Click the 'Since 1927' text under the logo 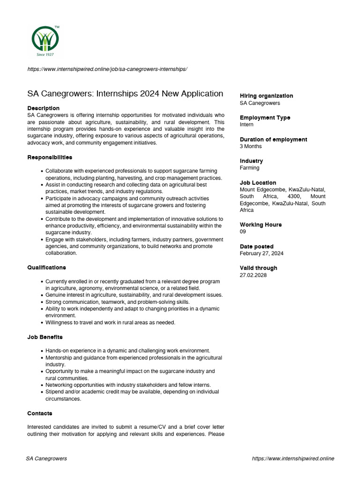pyautogui.click(x=45, y=54)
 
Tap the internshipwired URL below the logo pyautogui.click(x=107, y=69)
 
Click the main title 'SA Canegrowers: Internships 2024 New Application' pyautogui.click(x=125, y=93)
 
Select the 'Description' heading pyautogui.click(x=43, y=108)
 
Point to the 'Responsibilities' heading pyautogui.click(x=50, y=157)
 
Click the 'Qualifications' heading pyautogui.click(x=46, y=267)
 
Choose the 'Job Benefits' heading pyautogui.click(x=45, y=337)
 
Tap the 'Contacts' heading pyautogui.click(x=40, y=413)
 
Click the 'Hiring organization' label pyautogui.click(x=266, y=96)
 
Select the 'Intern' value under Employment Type pyautogui.click(x=247, y=125)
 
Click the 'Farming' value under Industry pyautogui.click(x=249, y=168)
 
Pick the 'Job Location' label pyautogui.click(x=258, y=182)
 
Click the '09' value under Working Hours pyautogui.click(x=243, y=232)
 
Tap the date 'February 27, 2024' pyautogui.click(x=261, y=253)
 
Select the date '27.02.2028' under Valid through pyautogui.click(x=253, y=275)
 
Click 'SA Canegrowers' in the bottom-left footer pyautogui.click(x=46, y=458)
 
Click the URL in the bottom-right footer pyautogui.click(x=293, y=458)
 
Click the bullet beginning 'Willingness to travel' pyautogui.click(x=110, y=322)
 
